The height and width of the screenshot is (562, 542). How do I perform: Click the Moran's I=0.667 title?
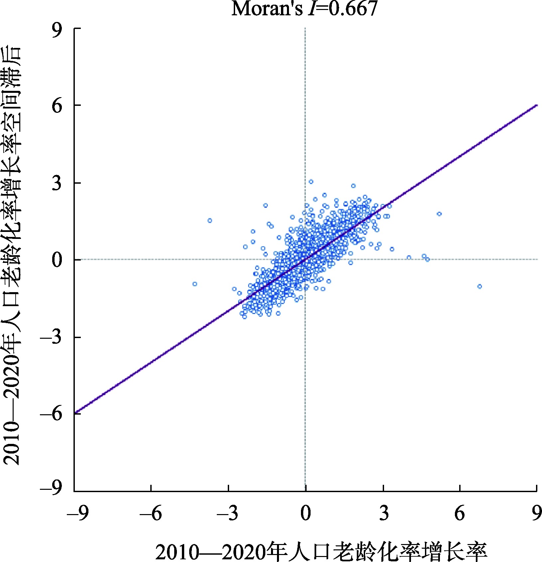click(x=304, y=9)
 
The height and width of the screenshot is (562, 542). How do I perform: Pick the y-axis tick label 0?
click(x=57, y=260)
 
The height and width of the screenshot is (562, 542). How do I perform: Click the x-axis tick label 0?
click(x=306, y=514)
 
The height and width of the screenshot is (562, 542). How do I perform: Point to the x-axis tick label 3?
click(x=384, y=514)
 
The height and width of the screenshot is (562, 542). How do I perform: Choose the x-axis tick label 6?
click(x=460, y=514)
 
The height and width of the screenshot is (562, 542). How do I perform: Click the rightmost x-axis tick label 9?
click(x=536, y=514)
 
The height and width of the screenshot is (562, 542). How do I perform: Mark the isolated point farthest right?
click(x=479, y=286)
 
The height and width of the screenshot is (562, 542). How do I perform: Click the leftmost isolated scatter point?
click(x=195, y=284)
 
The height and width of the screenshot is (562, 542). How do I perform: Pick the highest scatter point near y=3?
click(x=311, y=182)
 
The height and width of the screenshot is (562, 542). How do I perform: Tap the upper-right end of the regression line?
click(x=536, y=105)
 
